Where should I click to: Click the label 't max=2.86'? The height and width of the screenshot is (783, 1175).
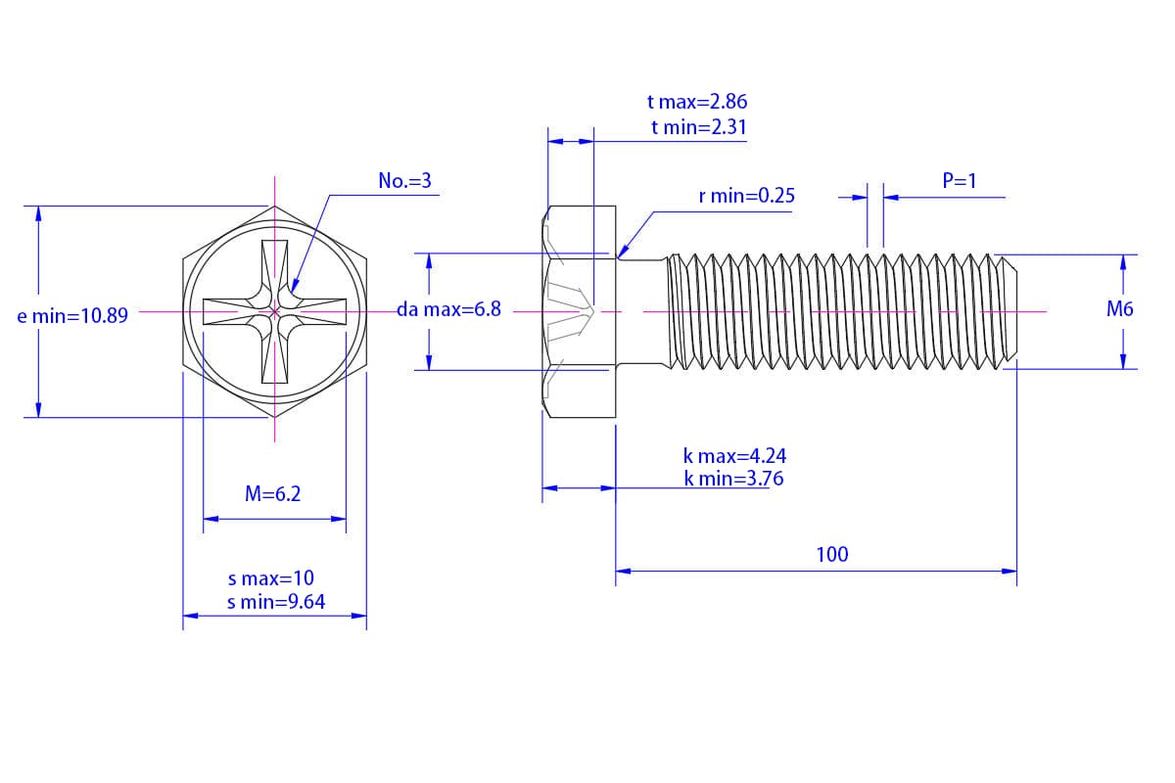(698, 102)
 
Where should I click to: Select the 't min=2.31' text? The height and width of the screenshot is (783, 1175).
(698, 127)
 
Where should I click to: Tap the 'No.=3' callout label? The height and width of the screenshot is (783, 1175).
(404, 181)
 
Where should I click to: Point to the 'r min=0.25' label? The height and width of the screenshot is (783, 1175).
(746, 196)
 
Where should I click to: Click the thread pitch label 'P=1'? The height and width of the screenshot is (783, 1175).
(960, 181)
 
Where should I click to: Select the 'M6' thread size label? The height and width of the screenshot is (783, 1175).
(1119, 309)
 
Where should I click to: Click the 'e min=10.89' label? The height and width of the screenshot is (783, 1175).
(72, 316)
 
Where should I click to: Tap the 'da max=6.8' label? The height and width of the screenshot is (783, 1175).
(448, 309)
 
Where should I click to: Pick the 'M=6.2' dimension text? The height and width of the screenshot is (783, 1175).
(273, 494)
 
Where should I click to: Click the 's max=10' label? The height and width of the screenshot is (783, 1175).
(271, 578)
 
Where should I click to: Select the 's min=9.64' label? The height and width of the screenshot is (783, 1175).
(276, 602)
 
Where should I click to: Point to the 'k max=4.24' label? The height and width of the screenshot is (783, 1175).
(734, 456)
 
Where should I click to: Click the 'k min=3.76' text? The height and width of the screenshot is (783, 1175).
(733, 479)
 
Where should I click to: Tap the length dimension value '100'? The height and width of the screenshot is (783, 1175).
(832, 555)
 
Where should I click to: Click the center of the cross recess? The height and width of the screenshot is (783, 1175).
(275, 312)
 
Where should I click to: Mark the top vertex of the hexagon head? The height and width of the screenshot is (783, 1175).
(275, 207)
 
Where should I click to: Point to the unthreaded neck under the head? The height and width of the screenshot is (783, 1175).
(641, 311)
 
